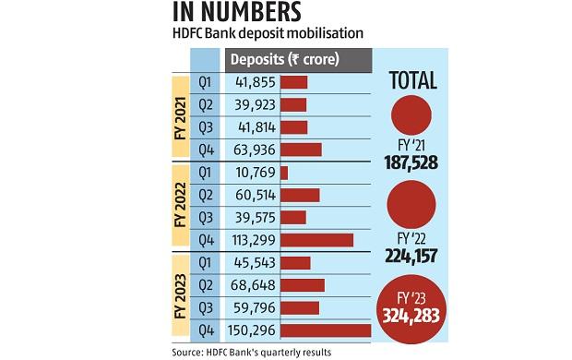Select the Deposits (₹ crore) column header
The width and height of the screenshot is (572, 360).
click(284, 60)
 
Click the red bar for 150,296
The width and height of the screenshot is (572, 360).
click(325, 330)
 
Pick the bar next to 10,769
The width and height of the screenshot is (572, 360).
click(284, 173)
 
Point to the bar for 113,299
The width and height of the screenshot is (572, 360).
click(316, 240)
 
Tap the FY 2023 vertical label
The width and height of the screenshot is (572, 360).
click(178, 296)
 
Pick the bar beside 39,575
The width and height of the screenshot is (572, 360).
click(292, 217)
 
